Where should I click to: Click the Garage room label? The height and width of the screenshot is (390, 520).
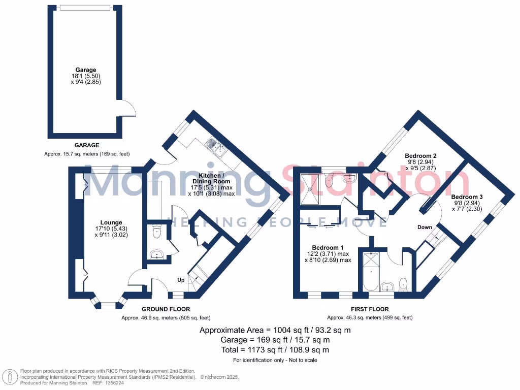coord(86,70)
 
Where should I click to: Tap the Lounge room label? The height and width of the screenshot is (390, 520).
coord(111,222)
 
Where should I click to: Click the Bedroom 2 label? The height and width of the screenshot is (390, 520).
coord(421,156)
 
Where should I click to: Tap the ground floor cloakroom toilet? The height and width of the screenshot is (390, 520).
coord(156,233)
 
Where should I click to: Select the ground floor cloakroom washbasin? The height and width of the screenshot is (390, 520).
coord(156,254)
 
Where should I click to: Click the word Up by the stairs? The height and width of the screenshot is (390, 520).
coord(181,280)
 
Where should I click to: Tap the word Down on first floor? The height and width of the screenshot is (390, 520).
coord(425,227)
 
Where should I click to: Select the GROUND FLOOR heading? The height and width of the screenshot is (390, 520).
coord(166,309)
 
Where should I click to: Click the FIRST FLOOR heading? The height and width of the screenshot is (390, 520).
coord(370,309)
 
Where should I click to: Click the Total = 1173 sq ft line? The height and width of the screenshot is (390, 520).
coord(275,350)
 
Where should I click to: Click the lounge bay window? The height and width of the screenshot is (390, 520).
coord(107,305)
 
